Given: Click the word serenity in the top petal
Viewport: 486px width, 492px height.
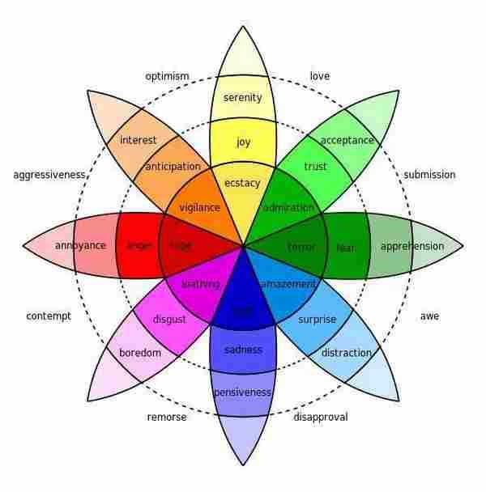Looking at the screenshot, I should coord(243,98).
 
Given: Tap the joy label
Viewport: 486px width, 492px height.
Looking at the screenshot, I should coord(243,142).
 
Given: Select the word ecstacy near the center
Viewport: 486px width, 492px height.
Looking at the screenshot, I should coord(243,183).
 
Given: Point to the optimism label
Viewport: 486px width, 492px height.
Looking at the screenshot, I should coord(167,77).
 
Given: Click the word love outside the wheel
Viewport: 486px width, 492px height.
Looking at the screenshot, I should coord(320,77).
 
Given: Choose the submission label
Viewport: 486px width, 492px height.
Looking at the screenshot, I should coord(429,175).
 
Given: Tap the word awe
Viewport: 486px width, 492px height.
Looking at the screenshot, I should coord(429,316).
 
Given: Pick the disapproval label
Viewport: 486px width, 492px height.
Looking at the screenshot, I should coord(320,418).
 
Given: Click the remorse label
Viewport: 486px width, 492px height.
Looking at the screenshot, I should coord(167,418).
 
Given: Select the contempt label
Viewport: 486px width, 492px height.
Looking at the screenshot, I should coord(49,316).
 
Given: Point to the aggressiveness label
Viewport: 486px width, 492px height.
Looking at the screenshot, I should coord(49,175).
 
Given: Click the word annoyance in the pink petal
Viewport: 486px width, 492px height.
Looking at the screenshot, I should coord(80,245).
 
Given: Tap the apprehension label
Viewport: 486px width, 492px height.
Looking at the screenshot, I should coord(412,246).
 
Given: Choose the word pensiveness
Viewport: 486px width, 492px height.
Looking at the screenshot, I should coord(242,392).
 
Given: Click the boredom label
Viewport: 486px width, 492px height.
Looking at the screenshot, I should coord(140,353).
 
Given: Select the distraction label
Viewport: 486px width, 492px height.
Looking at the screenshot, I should coord(347,353).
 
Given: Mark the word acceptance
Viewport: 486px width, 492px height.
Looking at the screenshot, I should coord(347,140).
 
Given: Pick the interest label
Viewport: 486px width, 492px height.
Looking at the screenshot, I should coord(139,140).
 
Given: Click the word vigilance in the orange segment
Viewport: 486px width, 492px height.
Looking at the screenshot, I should coord(200,207).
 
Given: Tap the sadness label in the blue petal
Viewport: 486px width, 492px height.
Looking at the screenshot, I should coord(243,350).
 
